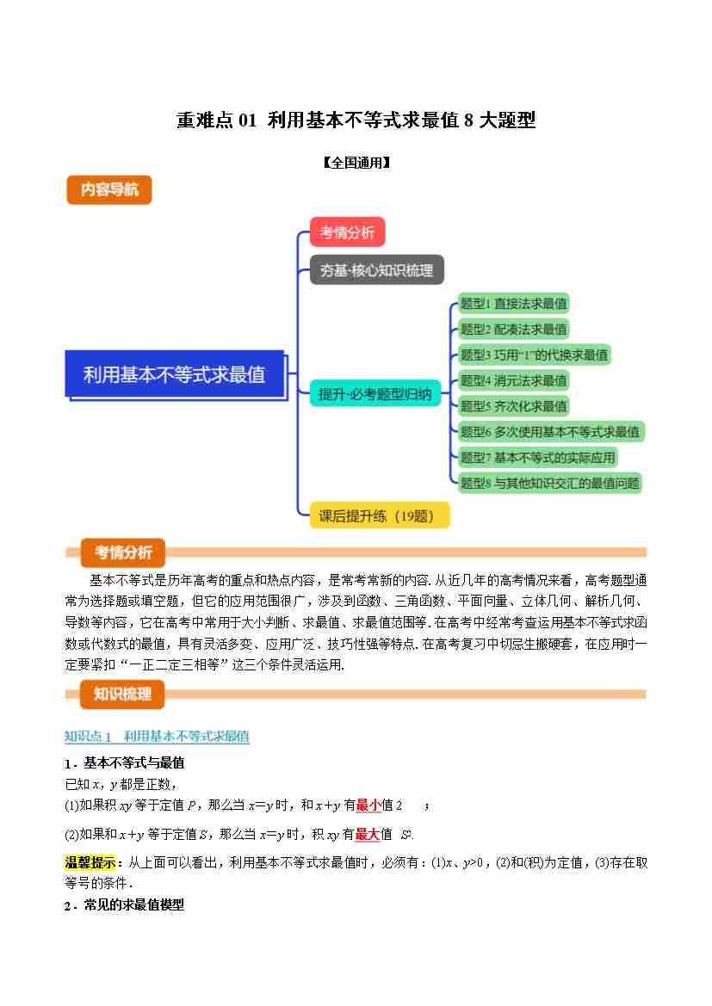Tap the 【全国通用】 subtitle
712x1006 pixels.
pyautogui.click(x=356, y=162)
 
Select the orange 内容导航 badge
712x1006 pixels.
pyautogui.click(x=109, y=190)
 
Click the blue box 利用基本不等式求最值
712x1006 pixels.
pyautogui.click(x=175, y=374)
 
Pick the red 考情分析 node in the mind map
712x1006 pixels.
pyautogui.click(x=347, y=232)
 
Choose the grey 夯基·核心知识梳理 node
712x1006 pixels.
pyautogui.click(x=376, y=270)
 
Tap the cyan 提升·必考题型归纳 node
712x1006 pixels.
pyautogui.click(x=375, y=395)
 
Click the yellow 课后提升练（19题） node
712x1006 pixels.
pyautogui.click(x=371, y=516)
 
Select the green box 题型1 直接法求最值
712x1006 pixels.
pyautogui.click(x=513, y=304)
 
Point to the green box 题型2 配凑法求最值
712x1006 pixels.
pyautogui.click(x=513, y=330)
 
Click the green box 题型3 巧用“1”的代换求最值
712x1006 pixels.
pyautogui.click(x=534, y=355)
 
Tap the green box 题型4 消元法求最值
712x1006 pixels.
pyautogui.click(x=513, y=380)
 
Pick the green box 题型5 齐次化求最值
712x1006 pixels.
pyautogui.click(x=513, y=406)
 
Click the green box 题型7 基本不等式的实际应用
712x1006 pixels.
pyautogui.click(x=538, y=458)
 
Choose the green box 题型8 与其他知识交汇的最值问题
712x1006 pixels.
pyautogui.click(x=549, y=484)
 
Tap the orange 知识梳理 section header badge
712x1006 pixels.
pyautogui.click(x=122, y=694)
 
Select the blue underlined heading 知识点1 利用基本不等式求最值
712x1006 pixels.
pyautogui.click(x=157, y=737)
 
